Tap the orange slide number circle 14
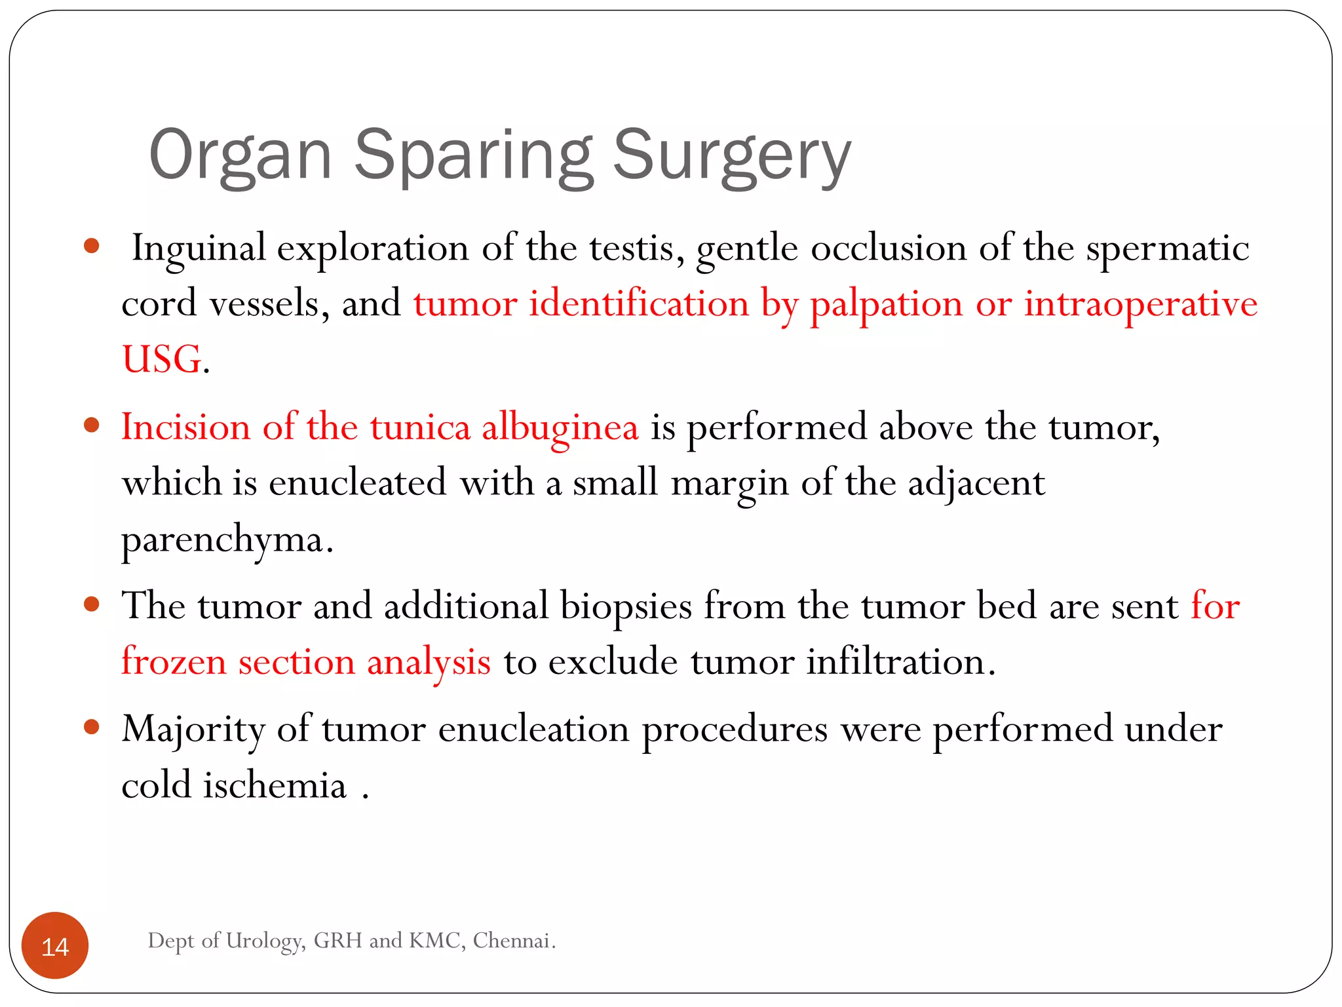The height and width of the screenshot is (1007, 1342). pos(55,946)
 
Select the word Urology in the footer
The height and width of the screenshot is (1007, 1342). pos(265,941)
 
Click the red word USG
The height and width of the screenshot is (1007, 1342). pos(162,359)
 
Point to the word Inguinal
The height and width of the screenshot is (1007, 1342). pos(199,248)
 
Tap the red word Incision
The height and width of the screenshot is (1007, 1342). pos(186,427)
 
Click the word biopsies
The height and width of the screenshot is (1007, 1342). pos(626,606)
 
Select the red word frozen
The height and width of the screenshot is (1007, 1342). pos(174,661)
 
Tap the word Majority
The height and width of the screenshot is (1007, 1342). pos(193,730)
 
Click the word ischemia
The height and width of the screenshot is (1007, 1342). pos(274,785)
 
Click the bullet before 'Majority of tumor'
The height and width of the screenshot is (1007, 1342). pos(92,727)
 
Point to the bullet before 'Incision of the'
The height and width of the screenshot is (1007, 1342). pos(92,425)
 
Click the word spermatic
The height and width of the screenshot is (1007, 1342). pos(1167,248)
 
